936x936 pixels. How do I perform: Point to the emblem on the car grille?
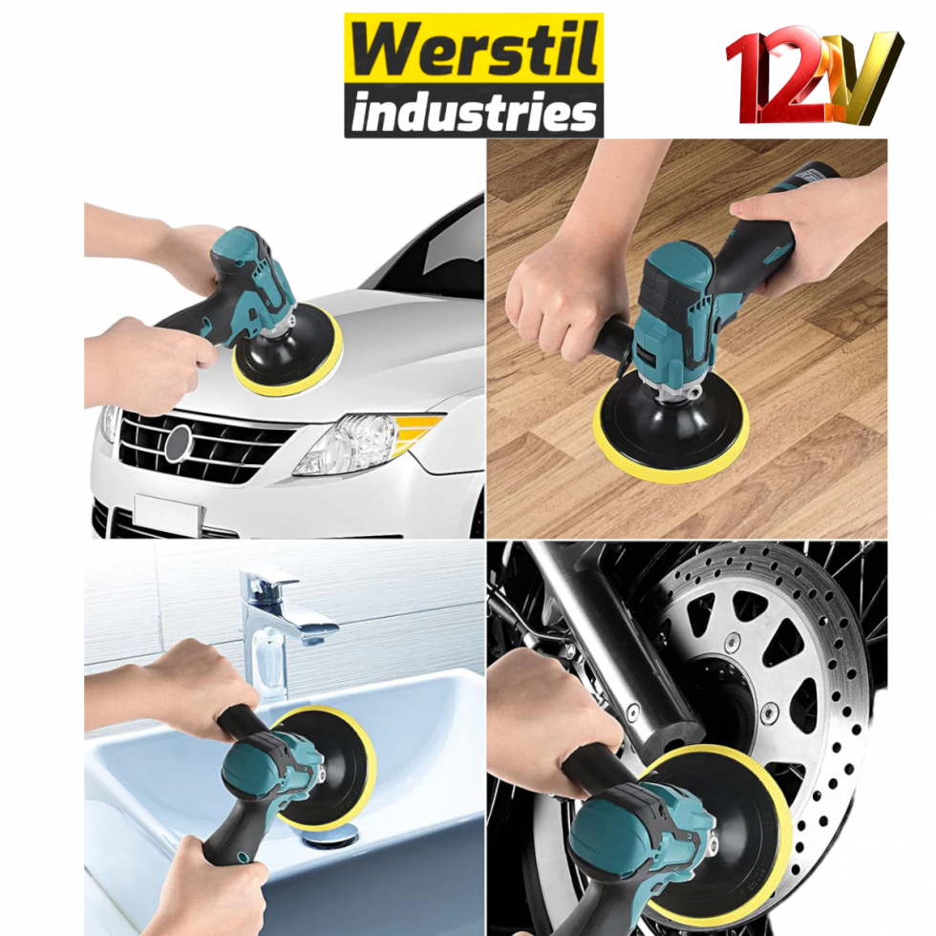click(179, 443)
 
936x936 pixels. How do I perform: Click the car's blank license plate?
click(167, 515)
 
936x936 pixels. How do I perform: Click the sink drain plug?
click(325, 837)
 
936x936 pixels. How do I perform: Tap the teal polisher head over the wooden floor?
click(673, 296)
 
